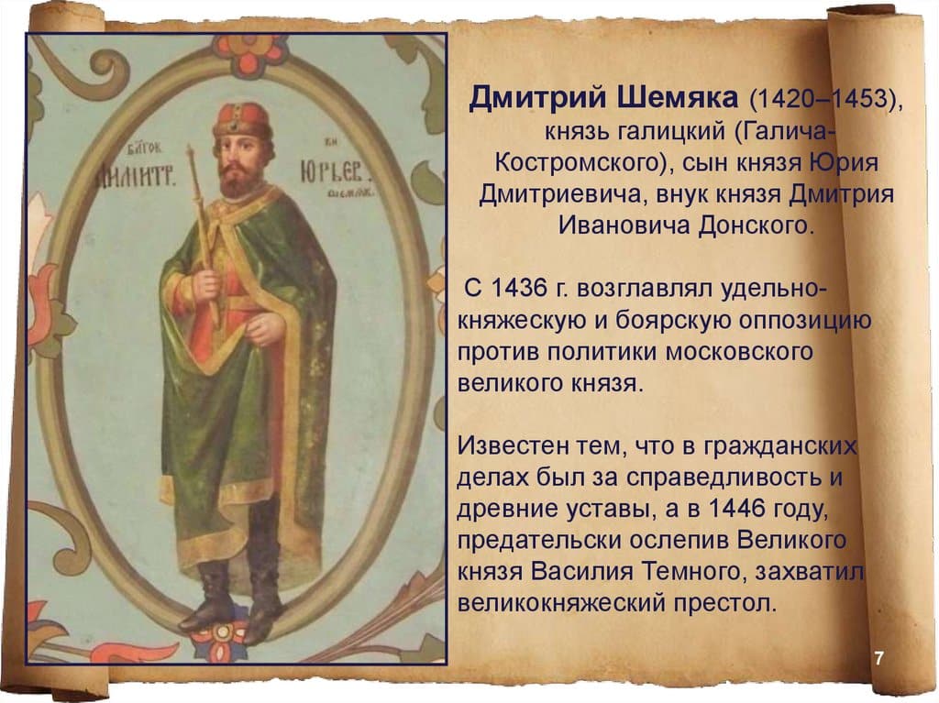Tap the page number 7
(x=878, y=659)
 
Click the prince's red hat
(x=242, y=120)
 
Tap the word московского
(x=718, y=352)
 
